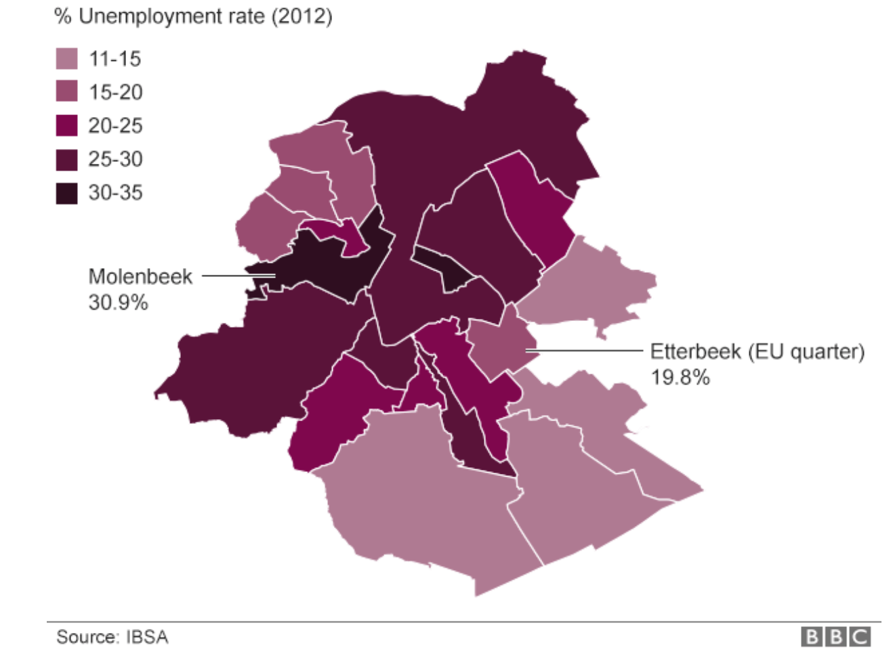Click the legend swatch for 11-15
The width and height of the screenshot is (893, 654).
[x=66, y=59]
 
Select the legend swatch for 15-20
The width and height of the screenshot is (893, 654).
[x=66, y=92]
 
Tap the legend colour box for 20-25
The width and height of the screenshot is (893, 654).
[x=66, y=125]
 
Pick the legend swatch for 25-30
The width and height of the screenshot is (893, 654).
[x=66, y=159]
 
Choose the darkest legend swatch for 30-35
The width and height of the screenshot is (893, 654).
[x=66, y=193]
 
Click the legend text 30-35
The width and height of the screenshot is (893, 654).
[x=115, y=193]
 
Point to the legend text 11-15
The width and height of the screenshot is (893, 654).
[x=115, y=59]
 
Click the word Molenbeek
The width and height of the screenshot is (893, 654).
[x=140, y=276]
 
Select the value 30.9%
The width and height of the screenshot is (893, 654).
[x=118, y=302]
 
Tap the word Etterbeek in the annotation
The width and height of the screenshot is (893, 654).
[x=695, y=352]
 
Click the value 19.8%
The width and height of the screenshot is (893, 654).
[x=680, y=377]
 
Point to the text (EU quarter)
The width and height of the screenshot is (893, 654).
[x=806, y=352]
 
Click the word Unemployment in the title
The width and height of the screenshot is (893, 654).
[x=171, y=16]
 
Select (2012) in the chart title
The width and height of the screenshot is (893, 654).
[x=302, y=16]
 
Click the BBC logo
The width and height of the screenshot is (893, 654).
[x=835, y=636]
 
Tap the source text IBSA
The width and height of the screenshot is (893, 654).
[x=147, y=637]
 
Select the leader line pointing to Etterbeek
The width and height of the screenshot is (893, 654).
[x=583, y=351]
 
